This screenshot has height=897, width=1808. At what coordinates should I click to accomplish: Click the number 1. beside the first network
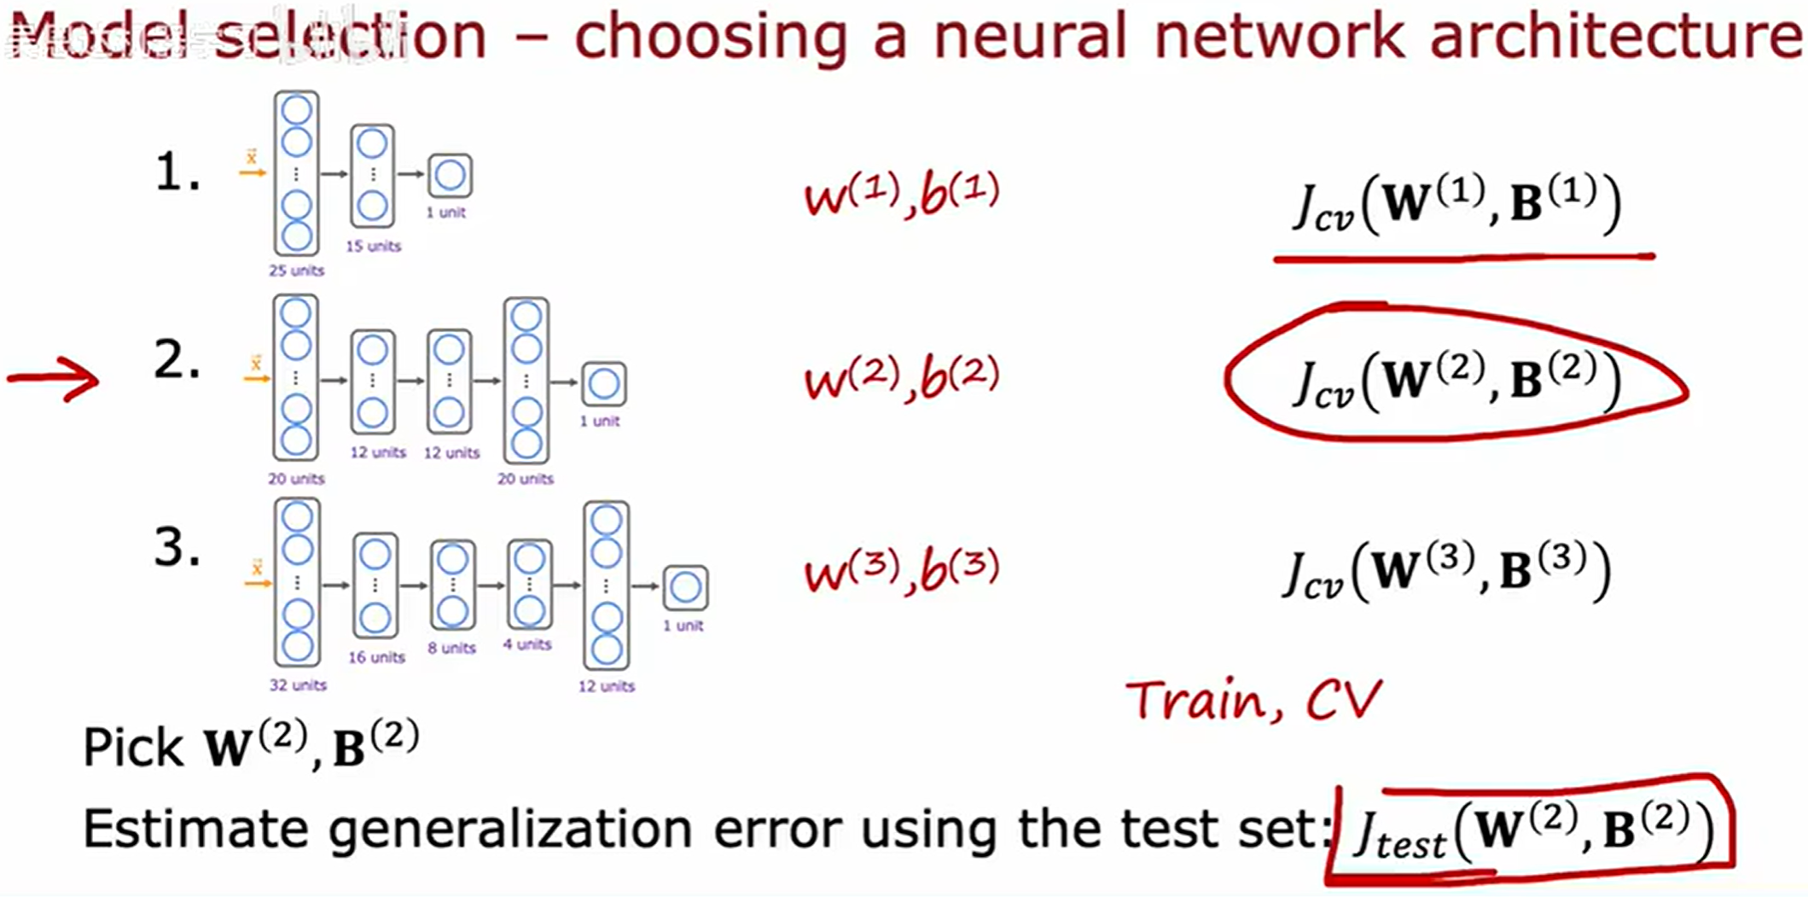pyautogui.click(x=177, y=173)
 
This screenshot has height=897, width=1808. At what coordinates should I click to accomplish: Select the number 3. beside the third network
pyautogui.click(x=177, y=547)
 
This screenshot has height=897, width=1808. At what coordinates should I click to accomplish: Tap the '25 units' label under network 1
pyautogui.click(x=296, y=271)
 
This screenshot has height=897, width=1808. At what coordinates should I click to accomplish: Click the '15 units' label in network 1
pyautogui.click(x=373, y=246)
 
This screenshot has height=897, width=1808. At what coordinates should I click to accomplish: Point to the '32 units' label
pyautogui.click(x=298, y=684)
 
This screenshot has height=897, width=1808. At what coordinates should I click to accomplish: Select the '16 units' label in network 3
pyautogui.click(x=376, y=657)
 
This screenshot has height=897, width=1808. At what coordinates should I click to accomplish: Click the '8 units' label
pyautogui.click(x=451, y=648)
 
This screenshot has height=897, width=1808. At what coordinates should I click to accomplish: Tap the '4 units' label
pyautogui.click(x=527, y=644)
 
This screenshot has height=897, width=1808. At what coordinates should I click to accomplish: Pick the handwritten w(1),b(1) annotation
pyautogui.click(x=902, y=195)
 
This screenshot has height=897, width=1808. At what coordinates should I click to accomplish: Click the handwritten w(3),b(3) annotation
pyautogui.click(x=902, y=569)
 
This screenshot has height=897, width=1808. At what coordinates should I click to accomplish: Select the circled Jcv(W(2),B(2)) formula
pyautogui.click(x=1455, y=381)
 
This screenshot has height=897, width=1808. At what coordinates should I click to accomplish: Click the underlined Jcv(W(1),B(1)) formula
pyautogui.click(x=1456, y=205)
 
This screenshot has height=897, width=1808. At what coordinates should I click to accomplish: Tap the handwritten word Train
pyautogui.click(x=1206, y=701)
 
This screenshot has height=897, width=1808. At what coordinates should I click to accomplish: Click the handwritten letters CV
pyautogui.click(x=1343, y=701)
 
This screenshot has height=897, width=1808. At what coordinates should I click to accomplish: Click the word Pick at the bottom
pyautogui.click(x=133, y=748)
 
